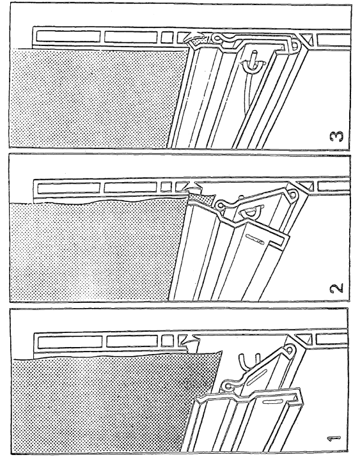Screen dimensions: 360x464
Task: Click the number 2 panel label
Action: [x=336, y=288]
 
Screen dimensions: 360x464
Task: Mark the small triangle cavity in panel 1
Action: [x=304, y=339]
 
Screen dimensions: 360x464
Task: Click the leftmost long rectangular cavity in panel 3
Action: [x=68, y=36]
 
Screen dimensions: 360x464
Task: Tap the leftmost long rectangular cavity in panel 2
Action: [x=68, y=188]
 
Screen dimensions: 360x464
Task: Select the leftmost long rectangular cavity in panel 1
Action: [x=70, y=341]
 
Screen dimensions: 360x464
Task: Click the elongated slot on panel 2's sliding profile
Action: [x=254, y=240]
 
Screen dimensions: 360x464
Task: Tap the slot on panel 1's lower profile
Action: [x=272, y=401]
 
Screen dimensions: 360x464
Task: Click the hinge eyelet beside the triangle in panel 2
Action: [x=293, y=194]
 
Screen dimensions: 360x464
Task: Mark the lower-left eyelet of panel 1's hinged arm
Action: [x=228, y=385]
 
